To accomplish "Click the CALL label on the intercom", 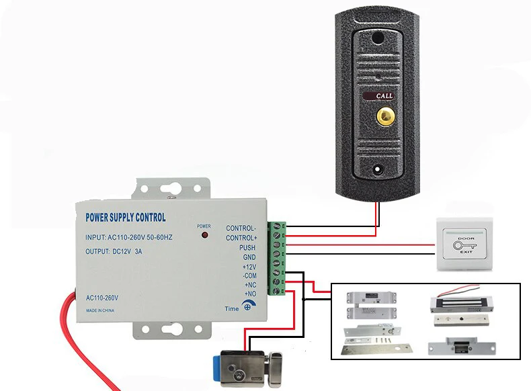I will point(384,96).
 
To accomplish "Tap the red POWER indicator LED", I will point(204,236).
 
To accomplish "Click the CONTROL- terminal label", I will point(241,228).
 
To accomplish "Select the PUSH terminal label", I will point(247,247).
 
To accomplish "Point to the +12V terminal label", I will point(249,267).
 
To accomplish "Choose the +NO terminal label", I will point(249,294).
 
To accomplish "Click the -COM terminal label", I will point(249,275).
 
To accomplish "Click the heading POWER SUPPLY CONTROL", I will point(126,218).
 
